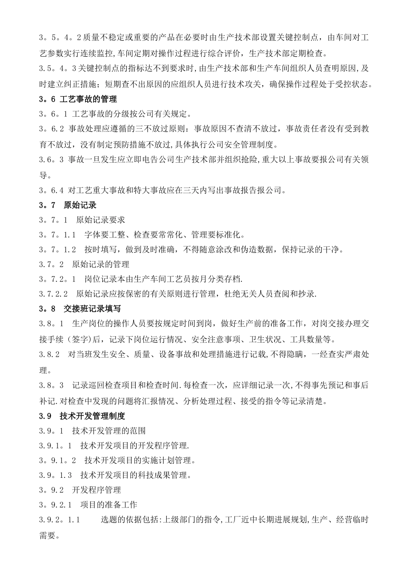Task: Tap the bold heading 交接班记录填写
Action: [92, 308]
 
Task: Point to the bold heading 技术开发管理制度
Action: [92, 416]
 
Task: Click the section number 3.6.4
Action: [52, 190]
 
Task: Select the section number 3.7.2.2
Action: [54, 294]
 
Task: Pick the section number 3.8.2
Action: [49, 355]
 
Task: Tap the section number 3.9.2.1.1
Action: [60, 520]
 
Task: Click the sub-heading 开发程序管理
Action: [97, 490]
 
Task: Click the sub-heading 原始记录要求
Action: [100, 220]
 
